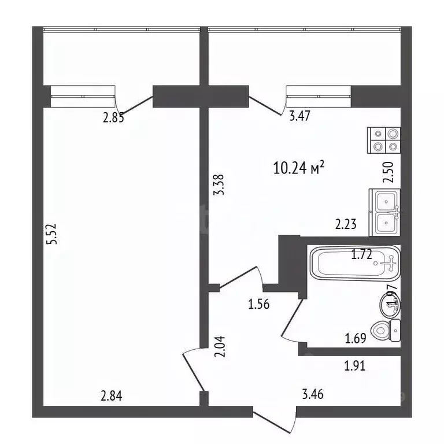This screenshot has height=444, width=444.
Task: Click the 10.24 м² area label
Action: click(298, 168)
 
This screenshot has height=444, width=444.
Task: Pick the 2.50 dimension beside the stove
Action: click(388, 172)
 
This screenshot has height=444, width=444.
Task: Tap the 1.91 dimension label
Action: click(355, 365)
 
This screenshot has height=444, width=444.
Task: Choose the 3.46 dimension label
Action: click(313, 396)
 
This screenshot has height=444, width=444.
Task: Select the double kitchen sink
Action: click(386, 212)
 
